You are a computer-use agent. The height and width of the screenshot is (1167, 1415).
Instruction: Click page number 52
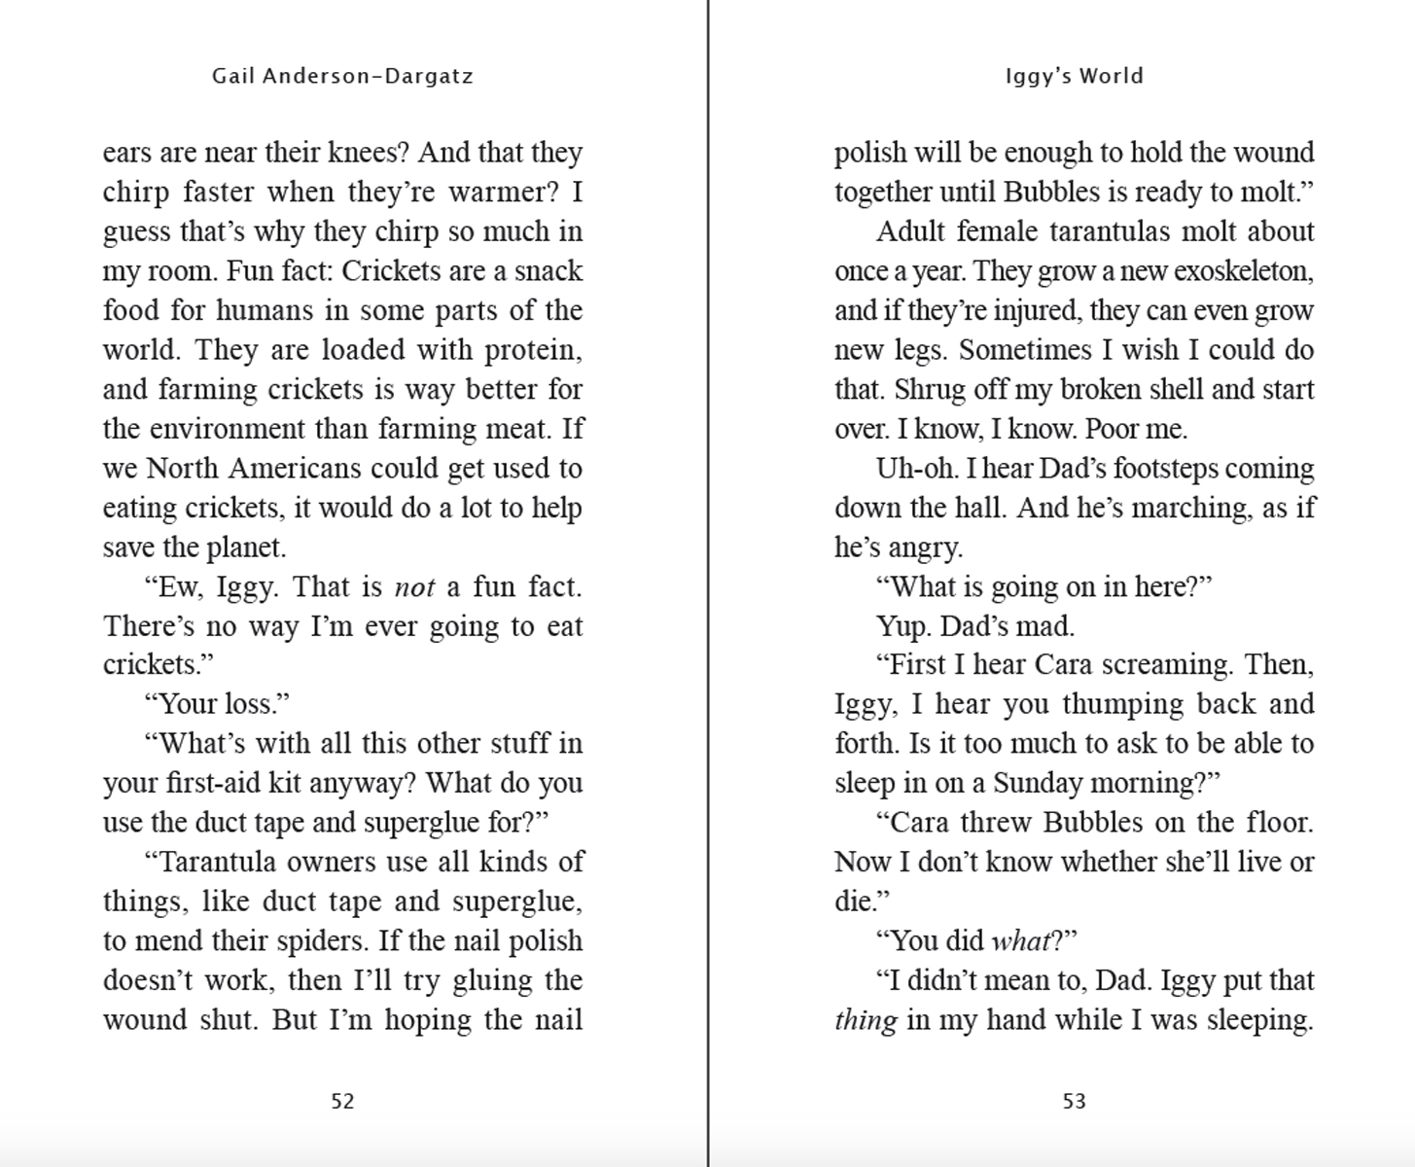click(342, 1101)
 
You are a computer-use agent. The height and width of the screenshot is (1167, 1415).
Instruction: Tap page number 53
click(1074, 1101)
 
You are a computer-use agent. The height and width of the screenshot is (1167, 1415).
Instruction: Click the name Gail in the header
click(232, 76)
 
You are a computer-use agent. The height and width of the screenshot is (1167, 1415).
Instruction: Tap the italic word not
click(414, 587)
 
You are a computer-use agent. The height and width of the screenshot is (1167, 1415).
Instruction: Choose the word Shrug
click(928, 390)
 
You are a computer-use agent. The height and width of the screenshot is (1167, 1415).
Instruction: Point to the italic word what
click(1020, 941)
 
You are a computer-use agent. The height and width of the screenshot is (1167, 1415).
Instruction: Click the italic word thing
click(866, 1020)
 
